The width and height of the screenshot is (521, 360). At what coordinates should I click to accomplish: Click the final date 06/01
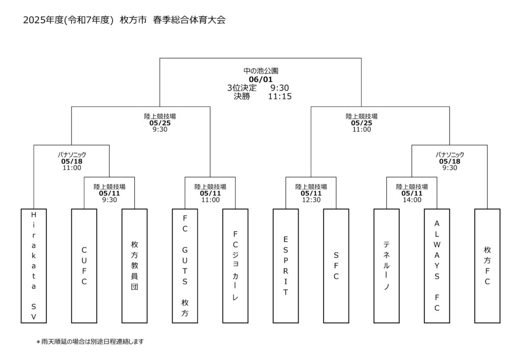point(260,79)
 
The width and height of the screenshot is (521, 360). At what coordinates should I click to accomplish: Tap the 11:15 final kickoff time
point(280,96)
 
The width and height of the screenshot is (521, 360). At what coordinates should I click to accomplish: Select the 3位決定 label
point(242,87)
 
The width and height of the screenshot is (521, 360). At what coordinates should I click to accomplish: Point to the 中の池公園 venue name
point(261,71)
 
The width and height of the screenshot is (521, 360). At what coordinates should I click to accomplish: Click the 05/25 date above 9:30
point(160,123)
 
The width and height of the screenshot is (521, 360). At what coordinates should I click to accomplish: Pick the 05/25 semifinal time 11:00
point(362,130)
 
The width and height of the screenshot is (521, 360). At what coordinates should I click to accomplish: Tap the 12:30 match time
point(311,200)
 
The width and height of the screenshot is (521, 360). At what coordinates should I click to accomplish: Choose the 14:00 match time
point(412,200)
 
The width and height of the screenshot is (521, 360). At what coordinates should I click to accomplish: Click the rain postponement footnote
point(90,341)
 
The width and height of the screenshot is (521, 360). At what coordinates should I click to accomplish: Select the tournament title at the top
point(124,20)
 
